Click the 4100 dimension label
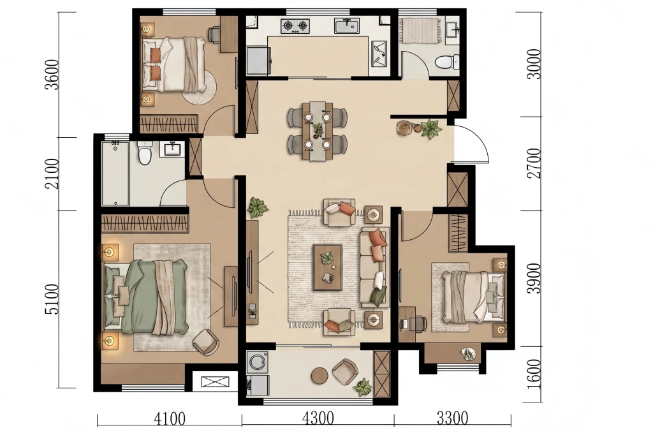click(x=170, y=418)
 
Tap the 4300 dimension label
click(x=318, y=418)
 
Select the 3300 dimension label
click(x=452, y=418)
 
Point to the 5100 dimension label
click(x=52, y=300)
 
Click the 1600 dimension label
click(x=534, y=374)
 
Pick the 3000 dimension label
click(x=534, y=64)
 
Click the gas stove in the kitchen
click(x=295, y=26)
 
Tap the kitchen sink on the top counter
click(x=348, y=26)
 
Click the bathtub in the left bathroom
click(x=115, y=173)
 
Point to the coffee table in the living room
click(x=328, y=267)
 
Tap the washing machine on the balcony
click(x=258, y=362)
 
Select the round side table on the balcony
click(x=320, y=376)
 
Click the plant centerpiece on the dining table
click(x=318, y=129)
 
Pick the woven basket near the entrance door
click(x=404, y=128)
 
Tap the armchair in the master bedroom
click(x=206, y=342)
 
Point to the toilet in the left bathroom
click(x=145, y=153)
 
